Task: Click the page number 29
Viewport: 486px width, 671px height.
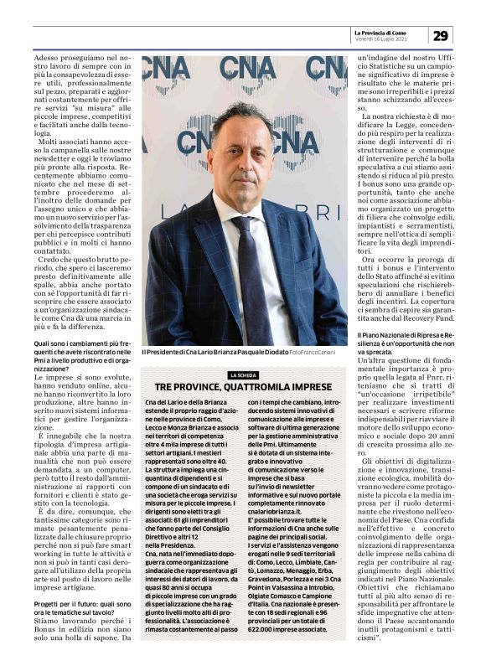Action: (x=441, y=35)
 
